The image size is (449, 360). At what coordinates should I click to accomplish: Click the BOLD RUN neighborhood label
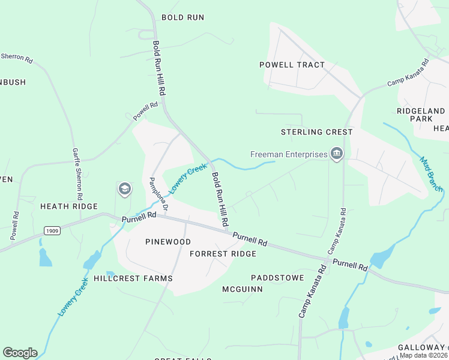(x=183, y=18)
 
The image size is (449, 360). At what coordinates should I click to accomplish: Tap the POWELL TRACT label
(x=292, y=65)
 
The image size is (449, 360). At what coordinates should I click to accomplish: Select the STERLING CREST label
(x=316, y=132)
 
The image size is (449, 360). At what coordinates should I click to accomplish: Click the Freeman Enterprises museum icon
(x=336, y=154)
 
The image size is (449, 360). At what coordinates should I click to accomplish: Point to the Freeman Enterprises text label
(x=288, y=155)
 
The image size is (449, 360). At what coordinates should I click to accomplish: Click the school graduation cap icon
(x=124, y=190)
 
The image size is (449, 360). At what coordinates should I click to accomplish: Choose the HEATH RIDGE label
(x=68, y=206)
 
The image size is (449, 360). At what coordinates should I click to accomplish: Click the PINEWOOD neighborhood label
(x=168, y=242)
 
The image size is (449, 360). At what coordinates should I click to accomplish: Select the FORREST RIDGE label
(x=223, y=254)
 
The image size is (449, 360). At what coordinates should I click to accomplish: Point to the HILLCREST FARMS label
(x=133, y=279)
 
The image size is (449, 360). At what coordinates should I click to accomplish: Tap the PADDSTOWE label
(x=277, y=278)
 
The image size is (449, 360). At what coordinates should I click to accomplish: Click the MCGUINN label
(x=243, y=289)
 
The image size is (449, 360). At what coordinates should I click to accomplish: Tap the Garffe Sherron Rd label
(x=77, y=174)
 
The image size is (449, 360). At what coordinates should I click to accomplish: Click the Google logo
(x=20, y=353)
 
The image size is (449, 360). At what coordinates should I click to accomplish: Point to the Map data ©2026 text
(x=424, y=355)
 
